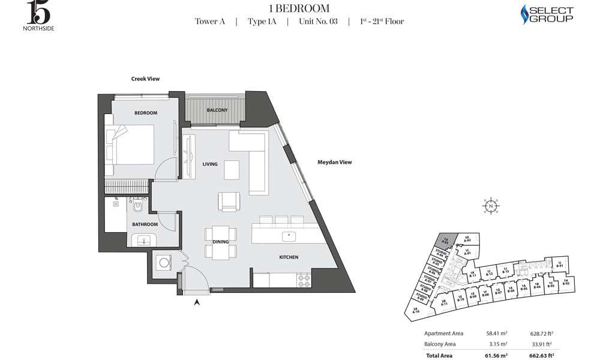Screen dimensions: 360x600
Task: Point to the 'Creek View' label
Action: coord(145,79)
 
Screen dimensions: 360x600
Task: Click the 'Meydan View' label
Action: coord(334,162)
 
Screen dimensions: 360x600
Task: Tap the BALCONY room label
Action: coord(217,110)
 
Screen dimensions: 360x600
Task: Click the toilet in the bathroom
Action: coord(138,207)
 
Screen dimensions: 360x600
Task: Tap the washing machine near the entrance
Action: coord(163,263)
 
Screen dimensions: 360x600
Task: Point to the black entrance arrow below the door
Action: coord(196,303)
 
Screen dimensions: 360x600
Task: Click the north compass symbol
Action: coord(490,206)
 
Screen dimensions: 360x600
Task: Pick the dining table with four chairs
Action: coord(220,242)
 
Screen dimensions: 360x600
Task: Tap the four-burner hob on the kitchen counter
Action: coord(304,278)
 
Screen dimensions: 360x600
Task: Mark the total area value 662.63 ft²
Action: coord(544,355)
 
